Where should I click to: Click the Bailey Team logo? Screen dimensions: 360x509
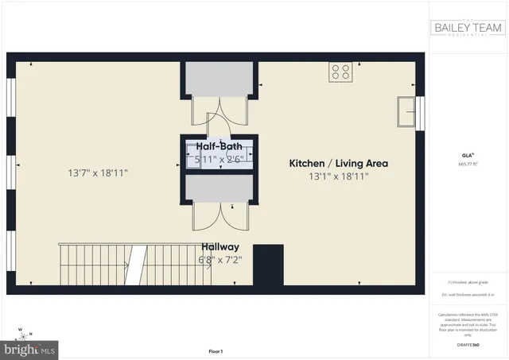click(468, 29)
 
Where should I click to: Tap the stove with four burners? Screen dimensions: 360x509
click(340, 72)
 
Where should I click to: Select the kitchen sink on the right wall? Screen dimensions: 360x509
click(407, 113)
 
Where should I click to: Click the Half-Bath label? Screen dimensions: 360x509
click(219, 147)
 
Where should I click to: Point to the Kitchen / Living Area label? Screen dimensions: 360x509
click(338, 163)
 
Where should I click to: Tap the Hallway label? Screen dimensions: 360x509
click(220, 246)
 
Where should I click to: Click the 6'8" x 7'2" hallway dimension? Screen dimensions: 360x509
click(220, 260)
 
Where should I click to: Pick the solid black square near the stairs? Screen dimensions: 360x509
click(268, 265)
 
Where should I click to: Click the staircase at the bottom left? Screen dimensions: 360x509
click(134, 265)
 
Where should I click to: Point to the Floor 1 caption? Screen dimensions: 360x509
click(216, 350)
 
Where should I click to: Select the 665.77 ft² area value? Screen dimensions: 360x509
click(468, 165)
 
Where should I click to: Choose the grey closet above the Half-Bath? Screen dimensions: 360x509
click(219, 79)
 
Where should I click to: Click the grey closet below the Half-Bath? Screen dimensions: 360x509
click(219, 189)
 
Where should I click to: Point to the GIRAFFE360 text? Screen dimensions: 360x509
click(468, 345)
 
